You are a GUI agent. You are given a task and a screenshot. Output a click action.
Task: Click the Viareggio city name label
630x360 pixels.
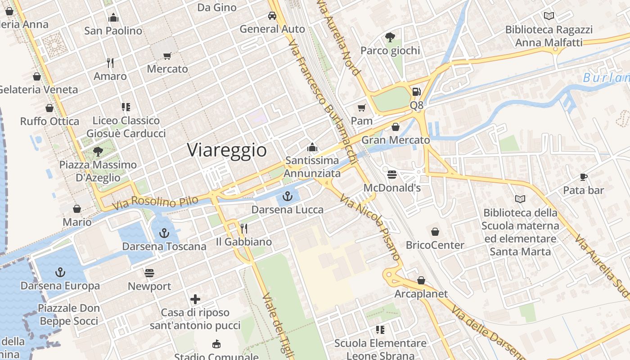(x=227, y=150)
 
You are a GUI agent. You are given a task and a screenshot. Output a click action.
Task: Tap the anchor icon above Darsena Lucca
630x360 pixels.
(x=287, y=196)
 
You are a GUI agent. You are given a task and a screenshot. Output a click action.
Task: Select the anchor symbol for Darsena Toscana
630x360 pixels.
(x=164, y=233)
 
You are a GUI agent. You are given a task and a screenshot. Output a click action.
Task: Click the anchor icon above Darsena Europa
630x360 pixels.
(x=60, y=272)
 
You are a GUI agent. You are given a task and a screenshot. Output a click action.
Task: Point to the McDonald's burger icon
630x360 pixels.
(x=392, y=174)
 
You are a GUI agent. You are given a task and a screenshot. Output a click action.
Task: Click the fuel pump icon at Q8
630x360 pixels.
(x=417, y=92)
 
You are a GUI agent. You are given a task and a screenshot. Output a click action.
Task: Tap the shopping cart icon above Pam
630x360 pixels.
(x=361, y=108)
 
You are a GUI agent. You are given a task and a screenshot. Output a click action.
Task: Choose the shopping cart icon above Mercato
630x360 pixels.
(x=167, y=56)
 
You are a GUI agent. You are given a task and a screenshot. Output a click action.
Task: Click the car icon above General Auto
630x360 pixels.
(x=272, y=16)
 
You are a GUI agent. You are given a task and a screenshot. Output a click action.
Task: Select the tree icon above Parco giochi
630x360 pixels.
(x=390, y=37)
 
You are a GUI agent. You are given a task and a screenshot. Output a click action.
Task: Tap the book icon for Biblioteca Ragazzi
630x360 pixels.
(x=549, y=16)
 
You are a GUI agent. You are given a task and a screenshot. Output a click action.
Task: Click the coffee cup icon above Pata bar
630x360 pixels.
(x=583, y=177)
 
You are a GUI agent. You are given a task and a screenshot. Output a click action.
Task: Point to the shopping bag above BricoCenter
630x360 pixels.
(x=435, y=232)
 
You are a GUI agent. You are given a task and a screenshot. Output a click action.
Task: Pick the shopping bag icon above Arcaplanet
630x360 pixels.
(x=421, y=280)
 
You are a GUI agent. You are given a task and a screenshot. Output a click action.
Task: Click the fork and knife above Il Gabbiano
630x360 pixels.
(x=243, y=229)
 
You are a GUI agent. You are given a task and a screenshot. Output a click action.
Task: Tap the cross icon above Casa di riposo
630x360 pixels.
(x=195, y=299)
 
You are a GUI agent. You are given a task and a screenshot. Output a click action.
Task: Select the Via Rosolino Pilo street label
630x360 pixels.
(x=155, y=203)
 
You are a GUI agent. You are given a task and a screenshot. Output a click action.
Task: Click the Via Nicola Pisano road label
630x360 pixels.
(x=370, y=227)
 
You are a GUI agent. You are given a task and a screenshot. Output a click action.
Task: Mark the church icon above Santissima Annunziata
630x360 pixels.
(x=312, y=147)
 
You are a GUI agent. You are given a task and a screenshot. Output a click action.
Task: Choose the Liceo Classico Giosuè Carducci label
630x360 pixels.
(x=126, y=127)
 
